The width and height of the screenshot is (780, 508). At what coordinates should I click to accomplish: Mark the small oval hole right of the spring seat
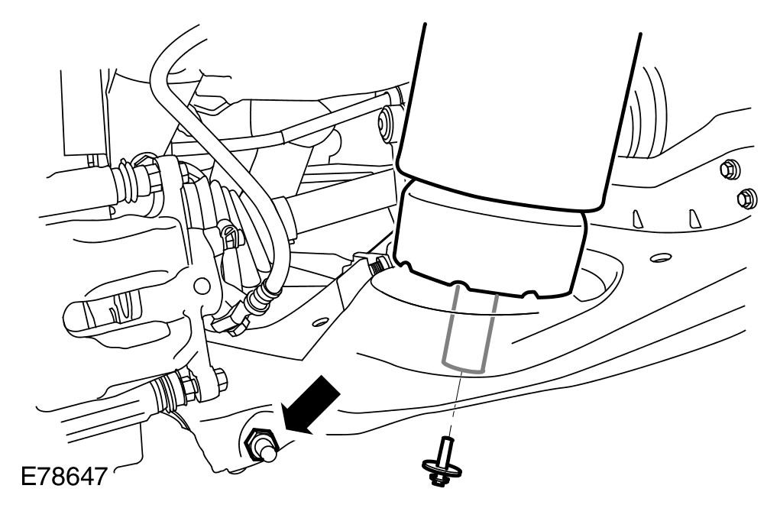pos(655,259)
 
